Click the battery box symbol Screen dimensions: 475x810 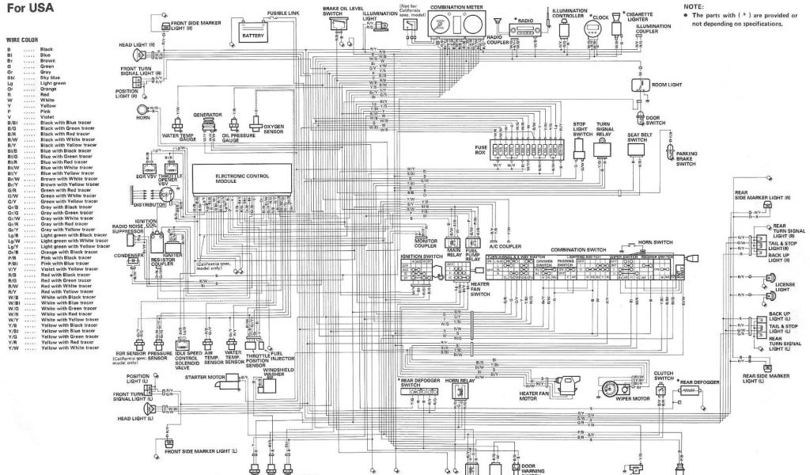tap(254, 32)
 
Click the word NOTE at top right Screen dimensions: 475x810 tap(693, 6)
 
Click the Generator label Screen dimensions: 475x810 tap(206, 114)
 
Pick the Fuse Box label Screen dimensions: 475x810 tap(480, 148)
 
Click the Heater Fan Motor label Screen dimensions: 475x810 tap(534, 396)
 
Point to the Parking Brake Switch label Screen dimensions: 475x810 tap(687, 158)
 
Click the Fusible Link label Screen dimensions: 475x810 tap(283, 13)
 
